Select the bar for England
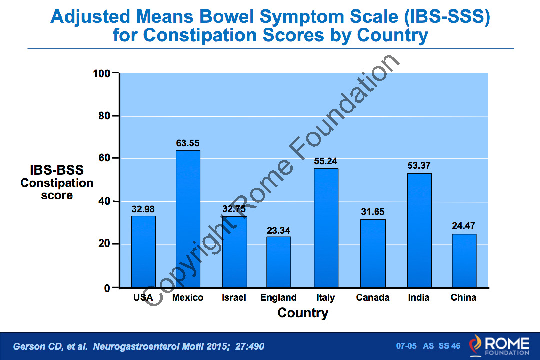[279, 262]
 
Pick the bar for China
[464, 261]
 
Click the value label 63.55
[188, 143]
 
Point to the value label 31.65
[373, 212]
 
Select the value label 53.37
[419, 166]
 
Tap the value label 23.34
[279, 230]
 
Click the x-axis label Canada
[373, 298]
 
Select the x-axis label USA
[143, 298]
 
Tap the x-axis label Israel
[234, 298]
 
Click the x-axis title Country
[303, 313]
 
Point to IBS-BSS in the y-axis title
[57, 170]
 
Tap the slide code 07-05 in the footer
[406, 346]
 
